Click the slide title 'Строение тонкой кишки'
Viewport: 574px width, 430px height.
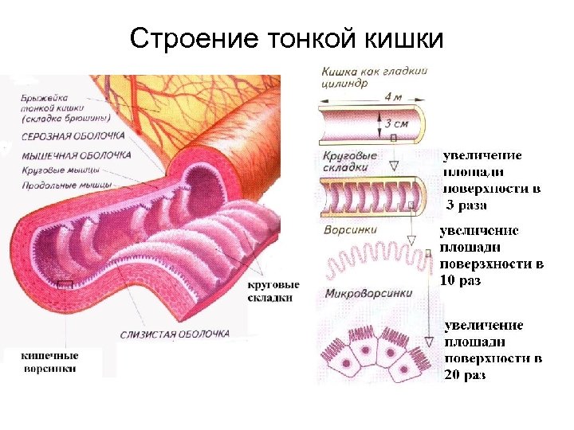(287, 37)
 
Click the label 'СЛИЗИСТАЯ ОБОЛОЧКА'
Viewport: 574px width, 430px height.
(175, 334)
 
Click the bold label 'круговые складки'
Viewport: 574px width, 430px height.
(273, 291)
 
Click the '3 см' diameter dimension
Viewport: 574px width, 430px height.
(396, 124)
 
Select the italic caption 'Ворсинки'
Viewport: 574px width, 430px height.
(348, 230)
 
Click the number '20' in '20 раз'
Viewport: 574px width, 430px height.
(452, 375)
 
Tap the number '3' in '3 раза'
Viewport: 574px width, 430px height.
(450, 205)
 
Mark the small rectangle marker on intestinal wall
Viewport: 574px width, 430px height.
(64, 285)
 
